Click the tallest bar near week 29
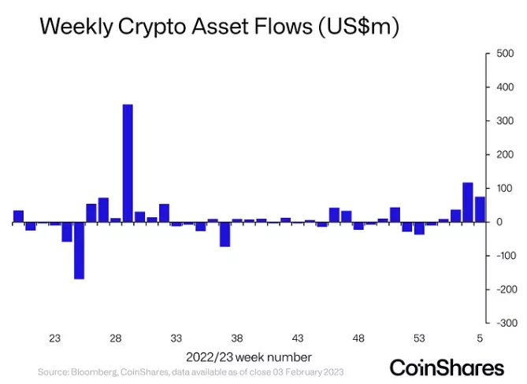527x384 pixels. click(x=128, y=164)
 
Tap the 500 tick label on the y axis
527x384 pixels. click(x=505, y=54)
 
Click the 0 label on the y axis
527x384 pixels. click(x=498, y=223)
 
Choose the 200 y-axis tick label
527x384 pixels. click(x=503, y=155)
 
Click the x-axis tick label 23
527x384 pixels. click(x=54, y=338)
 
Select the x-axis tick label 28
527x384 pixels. click(x=115, y=338)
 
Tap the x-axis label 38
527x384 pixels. click(x=237, y=338)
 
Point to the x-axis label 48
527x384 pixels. click(x=358, y=338)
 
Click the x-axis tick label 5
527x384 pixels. click(x=479, y=338)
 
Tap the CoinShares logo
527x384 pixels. click(x=447, y=367)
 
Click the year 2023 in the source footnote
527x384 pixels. click(x=329, y=371)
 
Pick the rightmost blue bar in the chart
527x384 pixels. click(x=479, y=209)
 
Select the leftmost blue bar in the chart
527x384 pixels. click(x=18, y=216)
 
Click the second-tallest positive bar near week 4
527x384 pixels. click(x=467, y=202)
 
